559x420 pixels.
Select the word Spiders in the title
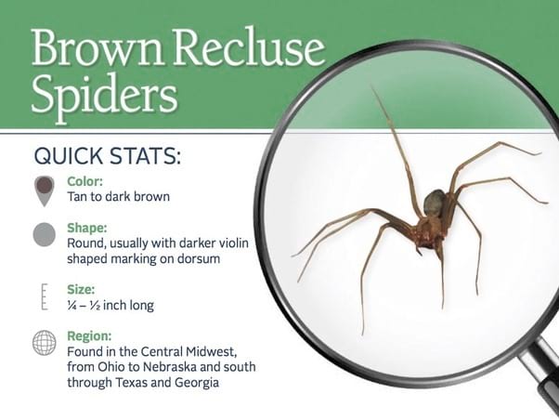click(103, 96)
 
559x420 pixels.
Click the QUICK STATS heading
click(108, 154)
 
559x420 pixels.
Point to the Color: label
click(85, 182)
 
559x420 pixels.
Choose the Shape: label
click(88, 228)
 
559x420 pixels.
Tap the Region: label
click(89, 335)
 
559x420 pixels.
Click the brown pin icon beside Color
click(44, 189)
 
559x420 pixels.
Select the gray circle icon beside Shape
click(44, 235)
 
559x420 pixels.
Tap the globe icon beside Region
click(44, 344)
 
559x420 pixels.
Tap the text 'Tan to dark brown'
click(119, 197)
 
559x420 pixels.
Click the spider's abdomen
click(434, 203)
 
